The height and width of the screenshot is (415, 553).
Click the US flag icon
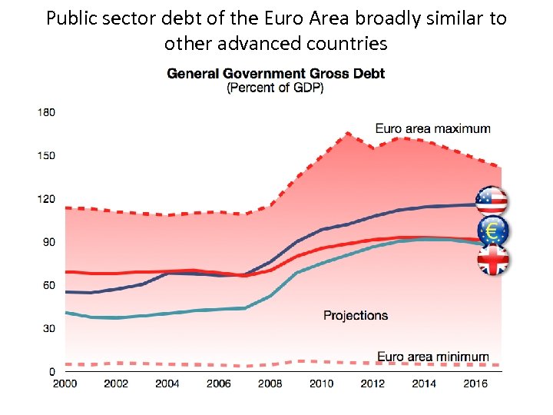tap(492, 201)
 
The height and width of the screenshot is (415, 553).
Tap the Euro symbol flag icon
tap(492, 231)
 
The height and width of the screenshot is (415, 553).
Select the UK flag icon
tap(492, 260)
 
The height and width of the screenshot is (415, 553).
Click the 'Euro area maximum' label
tap(432, 128)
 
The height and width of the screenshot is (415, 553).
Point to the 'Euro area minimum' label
tap(432, 357)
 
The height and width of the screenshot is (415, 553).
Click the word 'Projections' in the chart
tap(356, 315)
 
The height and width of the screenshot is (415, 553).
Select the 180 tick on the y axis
tap(46, 112)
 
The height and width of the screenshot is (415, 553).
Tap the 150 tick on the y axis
tap(46, 156)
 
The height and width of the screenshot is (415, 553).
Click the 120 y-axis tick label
tap(46, 199)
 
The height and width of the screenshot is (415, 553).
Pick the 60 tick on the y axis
tap(48, 285)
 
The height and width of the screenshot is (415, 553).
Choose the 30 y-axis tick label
tap(48, 328)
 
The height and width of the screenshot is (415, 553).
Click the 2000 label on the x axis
tap(65, 383)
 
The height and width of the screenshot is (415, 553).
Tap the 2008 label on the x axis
tap(270, 383)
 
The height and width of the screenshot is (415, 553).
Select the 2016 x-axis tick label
tap(475, 383)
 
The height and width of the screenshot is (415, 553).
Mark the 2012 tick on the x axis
tap(373, 383)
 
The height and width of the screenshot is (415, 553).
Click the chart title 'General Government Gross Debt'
tap(276, 75)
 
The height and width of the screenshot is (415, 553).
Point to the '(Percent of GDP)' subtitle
tap(275, 88)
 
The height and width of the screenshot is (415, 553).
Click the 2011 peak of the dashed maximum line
tap(347, 133)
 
